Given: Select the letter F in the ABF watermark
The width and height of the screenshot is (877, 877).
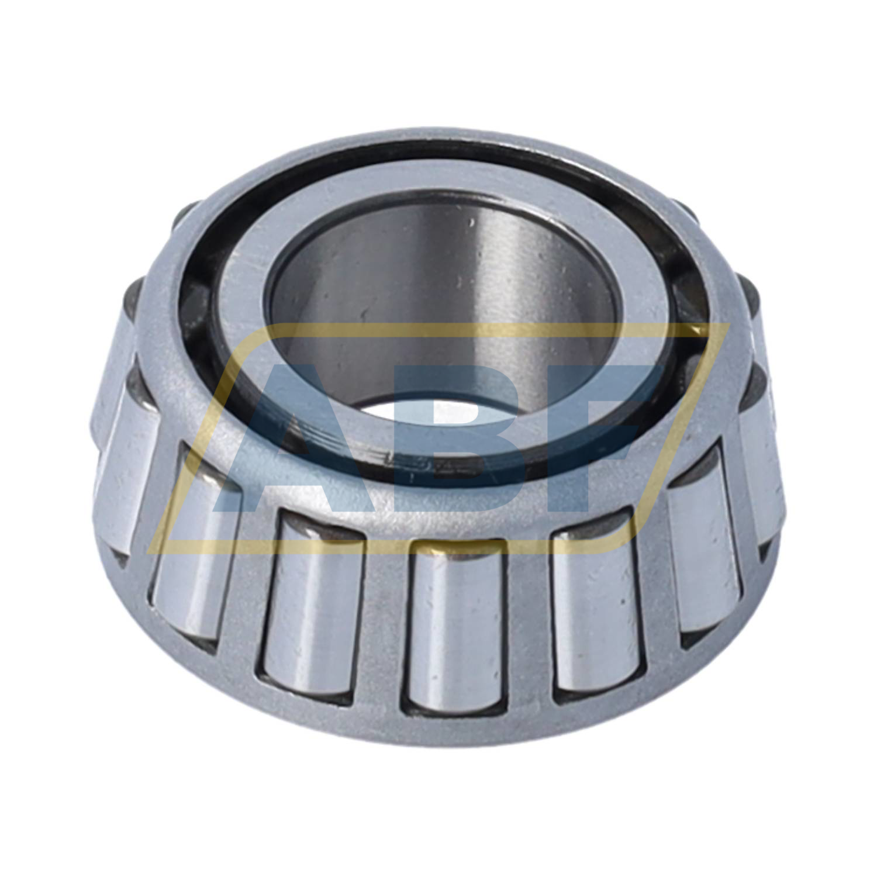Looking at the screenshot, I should point(602,433).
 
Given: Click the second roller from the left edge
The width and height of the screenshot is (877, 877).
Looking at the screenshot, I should point(193,538).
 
